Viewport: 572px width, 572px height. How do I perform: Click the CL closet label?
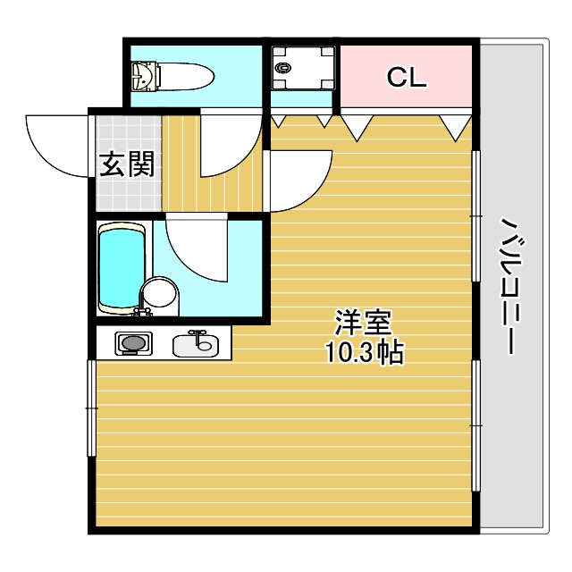tap(407, 78)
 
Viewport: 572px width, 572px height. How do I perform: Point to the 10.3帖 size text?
tap(364, 352)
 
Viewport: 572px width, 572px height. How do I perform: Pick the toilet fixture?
tap(171, 76)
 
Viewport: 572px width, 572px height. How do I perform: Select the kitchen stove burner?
tap(133, 342)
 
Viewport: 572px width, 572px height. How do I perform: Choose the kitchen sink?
tap(197, 343)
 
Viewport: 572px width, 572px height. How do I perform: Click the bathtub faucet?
tap(139, 312)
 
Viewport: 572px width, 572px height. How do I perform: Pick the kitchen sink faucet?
tap(198, 335)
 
